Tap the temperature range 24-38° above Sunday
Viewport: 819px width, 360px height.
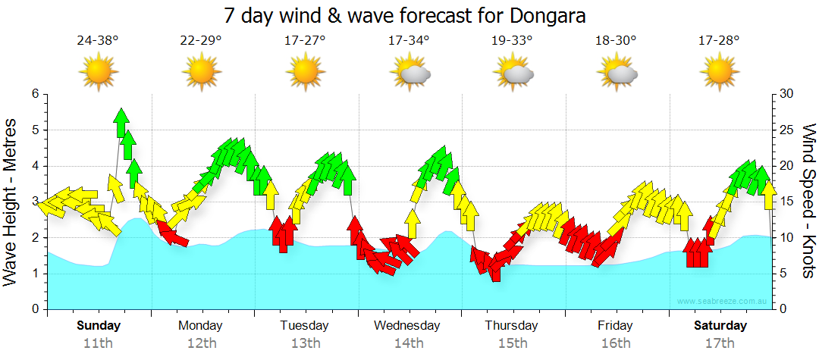click(x=98, y=41)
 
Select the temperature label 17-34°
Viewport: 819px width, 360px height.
click(x=409, y=41)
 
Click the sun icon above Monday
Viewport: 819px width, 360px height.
click(x=201, y=73)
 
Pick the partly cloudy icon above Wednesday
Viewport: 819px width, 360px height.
click(x=409, y=73)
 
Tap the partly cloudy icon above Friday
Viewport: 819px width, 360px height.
click(x=617, y=73)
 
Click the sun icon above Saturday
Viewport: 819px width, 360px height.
click(x=720, y=73)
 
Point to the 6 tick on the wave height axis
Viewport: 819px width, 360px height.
click(x=34, y=94)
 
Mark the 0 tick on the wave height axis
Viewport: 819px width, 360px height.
click(x=34, y=309)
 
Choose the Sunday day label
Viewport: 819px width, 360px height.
click(x=98, y=326)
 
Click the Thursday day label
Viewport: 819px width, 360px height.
click(x=512, y=326)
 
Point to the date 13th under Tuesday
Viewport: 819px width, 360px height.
click(x=305, y=343)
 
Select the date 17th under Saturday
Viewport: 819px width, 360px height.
click(x=720, y=343)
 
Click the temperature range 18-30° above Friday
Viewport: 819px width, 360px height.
click(x=616, y=41)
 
